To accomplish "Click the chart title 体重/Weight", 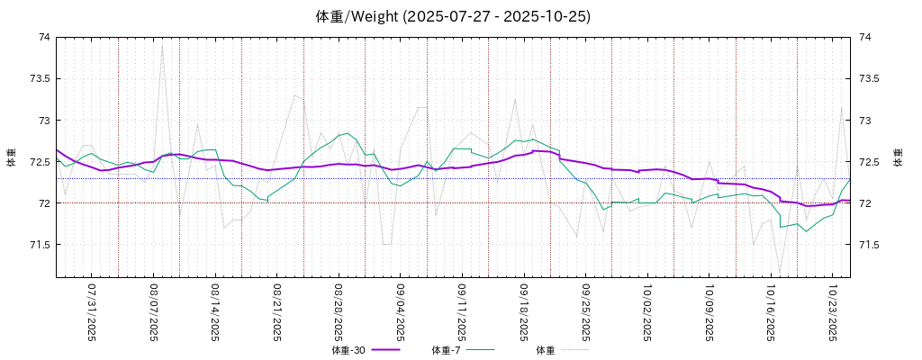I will (x=454, y=16).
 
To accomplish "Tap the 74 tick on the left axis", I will (x=44, y=37).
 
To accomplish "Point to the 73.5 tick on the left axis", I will (x=40, y=78).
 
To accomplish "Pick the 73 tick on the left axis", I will (x=44, y=121).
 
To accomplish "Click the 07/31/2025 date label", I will (x=92, y=312).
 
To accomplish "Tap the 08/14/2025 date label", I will (x=215, y=312).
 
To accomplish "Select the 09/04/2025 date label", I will (x=401, y=312).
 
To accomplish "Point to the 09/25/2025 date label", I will (x=586, y=312).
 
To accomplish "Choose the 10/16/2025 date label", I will (x=772, y=312).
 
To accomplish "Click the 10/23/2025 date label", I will (x=833, y=312).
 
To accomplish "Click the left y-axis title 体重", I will (x=12, y=157).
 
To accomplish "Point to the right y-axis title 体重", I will (x=898, y=157).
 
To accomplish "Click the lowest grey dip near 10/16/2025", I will (x=780, y=269).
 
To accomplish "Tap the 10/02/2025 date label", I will (x=647, y=312).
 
